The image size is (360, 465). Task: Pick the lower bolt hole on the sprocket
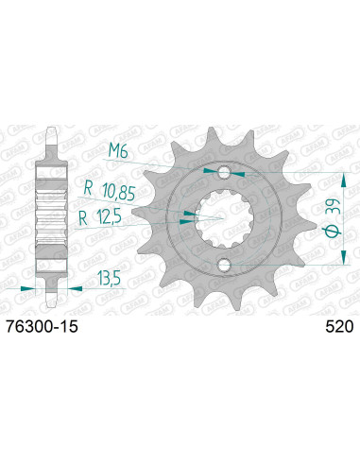[x=223, y=264]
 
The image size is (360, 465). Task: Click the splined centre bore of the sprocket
[x=223, y=218]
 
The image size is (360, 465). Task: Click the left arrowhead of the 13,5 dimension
[x=32, y=284]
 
